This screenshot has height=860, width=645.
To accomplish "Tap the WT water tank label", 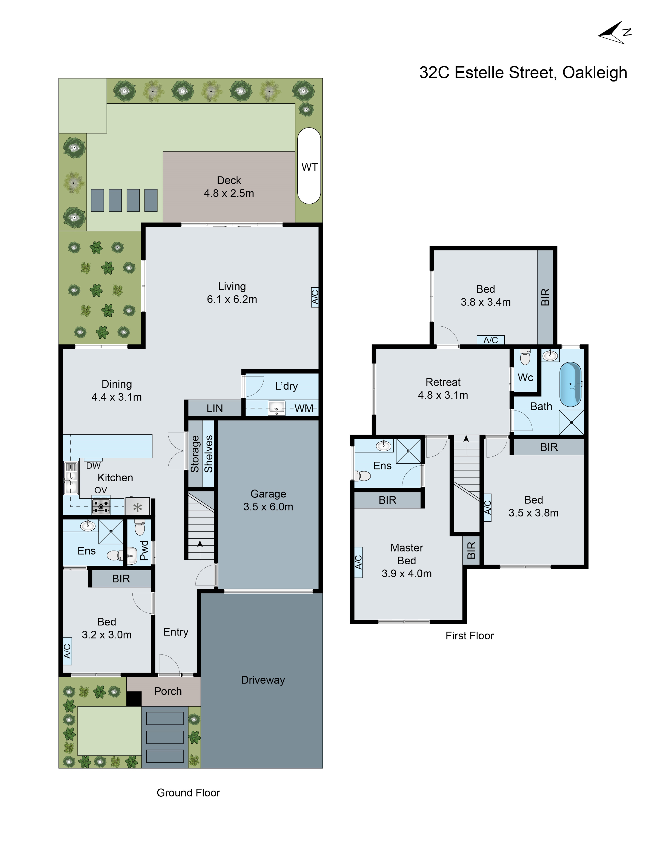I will pyautogui.click(x=309, y=167).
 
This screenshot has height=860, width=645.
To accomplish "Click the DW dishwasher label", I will pyautogui.click(x=93, y=465).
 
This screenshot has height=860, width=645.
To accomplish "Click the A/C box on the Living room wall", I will pyautogui.click(x=315, y=297).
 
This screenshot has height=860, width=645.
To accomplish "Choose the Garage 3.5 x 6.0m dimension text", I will pyautogui.click(x=268, y=507).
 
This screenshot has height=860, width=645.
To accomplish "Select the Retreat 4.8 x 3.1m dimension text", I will pyautogui.click(x=443, y=395).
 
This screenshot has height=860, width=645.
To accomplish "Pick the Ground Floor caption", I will pyautogui.click(x=188, y=793).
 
